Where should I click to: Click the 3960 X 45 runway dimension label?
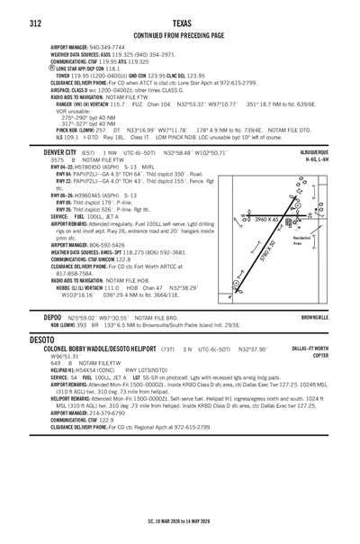click(x=271, y=218)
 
